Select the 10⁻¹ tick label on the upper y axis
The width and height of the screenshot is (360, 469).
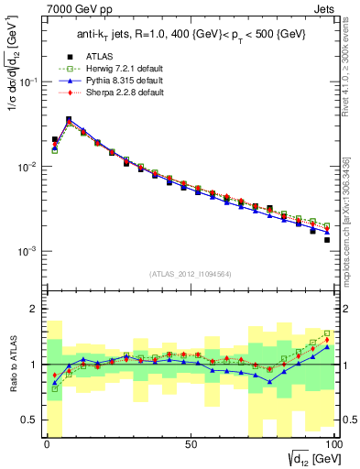28,82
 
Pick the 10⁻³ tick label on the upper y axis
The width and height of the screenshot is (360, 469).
28,251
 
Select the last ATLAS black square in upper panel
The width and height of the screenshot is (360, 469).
327,240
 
